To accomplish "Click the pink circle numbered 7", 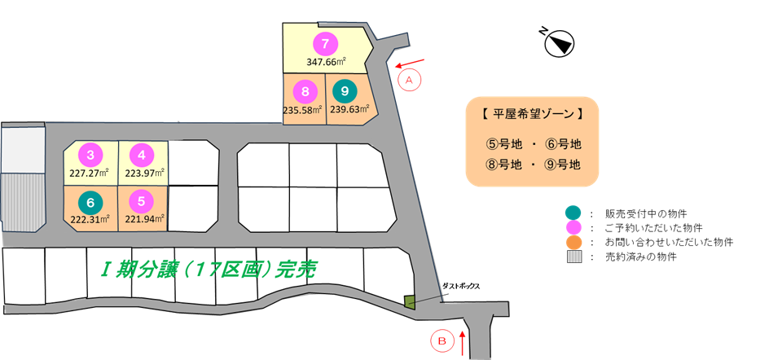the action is coord(325,44).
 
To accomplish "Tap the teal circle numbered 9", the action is coord(345,91).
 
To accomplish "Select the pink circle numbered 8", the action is coord(305,91).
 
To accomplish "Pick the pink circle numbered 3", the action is coord(90,155).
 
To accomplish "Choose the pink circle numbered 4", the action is coord(142,155).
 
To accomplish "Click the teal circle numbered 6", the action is coord(90,201).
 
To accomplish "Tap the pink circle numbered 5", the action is coord(142,201).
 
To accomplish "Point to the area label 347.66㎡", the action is coord(326,62).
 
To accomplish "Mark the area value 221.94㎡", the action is coord(145,219).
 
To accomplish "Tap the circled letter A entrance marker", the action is coord(409,81).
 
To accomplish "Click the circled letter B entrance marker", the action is coord(442,340).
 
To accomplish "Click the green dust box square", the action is coord(410,301).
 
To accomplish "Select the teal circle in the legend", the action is coord(573,213).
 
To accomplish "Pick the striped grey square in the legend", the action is coord(573,257).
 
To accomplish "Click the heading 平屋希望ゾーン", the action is coord(532,115).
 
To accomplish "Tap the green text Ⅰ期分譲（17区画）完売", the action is coord(209,270).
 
